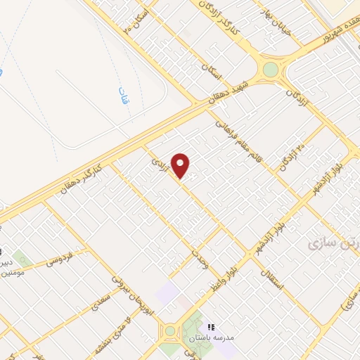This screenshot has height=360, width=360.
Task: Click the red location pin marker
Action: click(x=181, y=166)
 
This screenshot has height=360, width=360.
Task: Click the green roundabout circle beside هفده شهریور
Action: click(x=270, y=70)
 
